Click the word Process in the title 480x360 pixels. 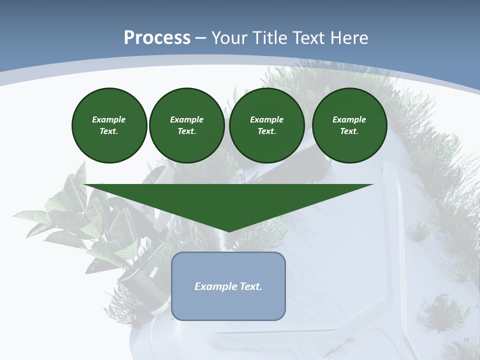(x=157, y=38)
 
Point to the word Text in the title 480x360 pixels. (x=312, y=38)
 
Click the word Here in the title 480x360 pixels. (x=351, y=38)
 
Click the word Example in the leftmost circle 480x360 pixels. (x=109, y=119)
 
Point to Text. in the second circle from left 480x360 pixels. (x=186, y=131)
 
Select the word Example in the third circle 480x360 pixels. (x=266, y=119)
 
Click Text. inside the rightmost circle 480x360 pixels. (x=349, y=131)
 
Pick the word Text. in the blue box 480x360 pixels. (x=251, y=286)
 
